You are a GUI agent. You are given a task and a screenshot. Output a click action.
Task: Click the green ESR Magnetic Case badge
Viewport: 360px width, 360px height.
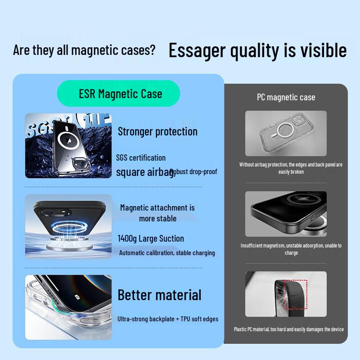click(x=118, y=94)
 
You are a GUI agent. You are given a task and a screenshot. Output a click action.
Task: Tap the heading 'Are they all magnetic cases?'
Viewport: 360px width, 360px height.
click(x=84, y=50)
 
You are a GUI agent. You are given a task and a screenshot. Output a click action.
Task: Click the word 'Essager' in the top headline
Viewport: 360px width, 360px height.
click(x=197, y=50)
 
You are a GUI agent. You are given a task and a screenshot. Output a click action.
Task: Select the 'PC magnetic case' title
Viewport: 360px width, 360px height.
click(x=286, y=97)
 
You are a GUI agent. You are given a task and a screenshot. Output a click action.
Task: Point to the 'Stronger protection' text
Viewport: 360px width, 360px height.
click(x=157, y=131)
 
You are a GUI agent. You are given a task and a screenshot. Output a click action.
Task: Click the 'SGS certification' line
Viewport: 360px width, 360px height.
click(x=141, y=157)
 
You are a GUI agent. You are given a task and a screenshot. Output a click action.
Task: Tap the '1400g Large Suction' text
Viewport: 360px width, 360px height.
click(x=151, y=238)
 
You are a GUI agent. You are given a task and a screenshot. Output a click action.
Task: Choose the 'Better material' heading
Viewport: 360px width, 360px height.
click(x=159, y=295)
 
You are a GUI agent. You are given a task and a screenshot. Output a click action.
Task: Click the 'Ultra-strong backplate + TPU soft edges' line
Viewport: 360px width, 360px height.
click(x=168, y=319)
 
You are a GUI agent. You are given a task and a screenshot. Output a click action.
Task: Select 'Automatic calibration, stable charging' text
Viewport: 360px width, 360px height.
click(x=167, y=253)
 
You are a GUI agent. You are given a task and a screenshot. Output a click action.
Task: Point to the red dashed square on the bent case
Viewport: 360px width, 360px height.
click(x=295, y=295)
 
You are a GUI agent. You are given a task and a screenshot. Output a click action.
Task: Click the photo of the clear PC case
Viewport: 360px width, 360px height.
click(x=286, y=133)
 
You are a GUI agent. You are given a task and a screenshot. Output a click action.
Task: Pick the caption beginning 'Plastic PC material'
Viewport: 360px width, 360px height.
click(x=288, y=329)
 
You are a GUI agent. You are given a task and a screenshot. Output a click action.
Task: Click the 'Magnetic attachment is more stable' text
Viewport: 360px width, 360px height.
click(x=157, y=213)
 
